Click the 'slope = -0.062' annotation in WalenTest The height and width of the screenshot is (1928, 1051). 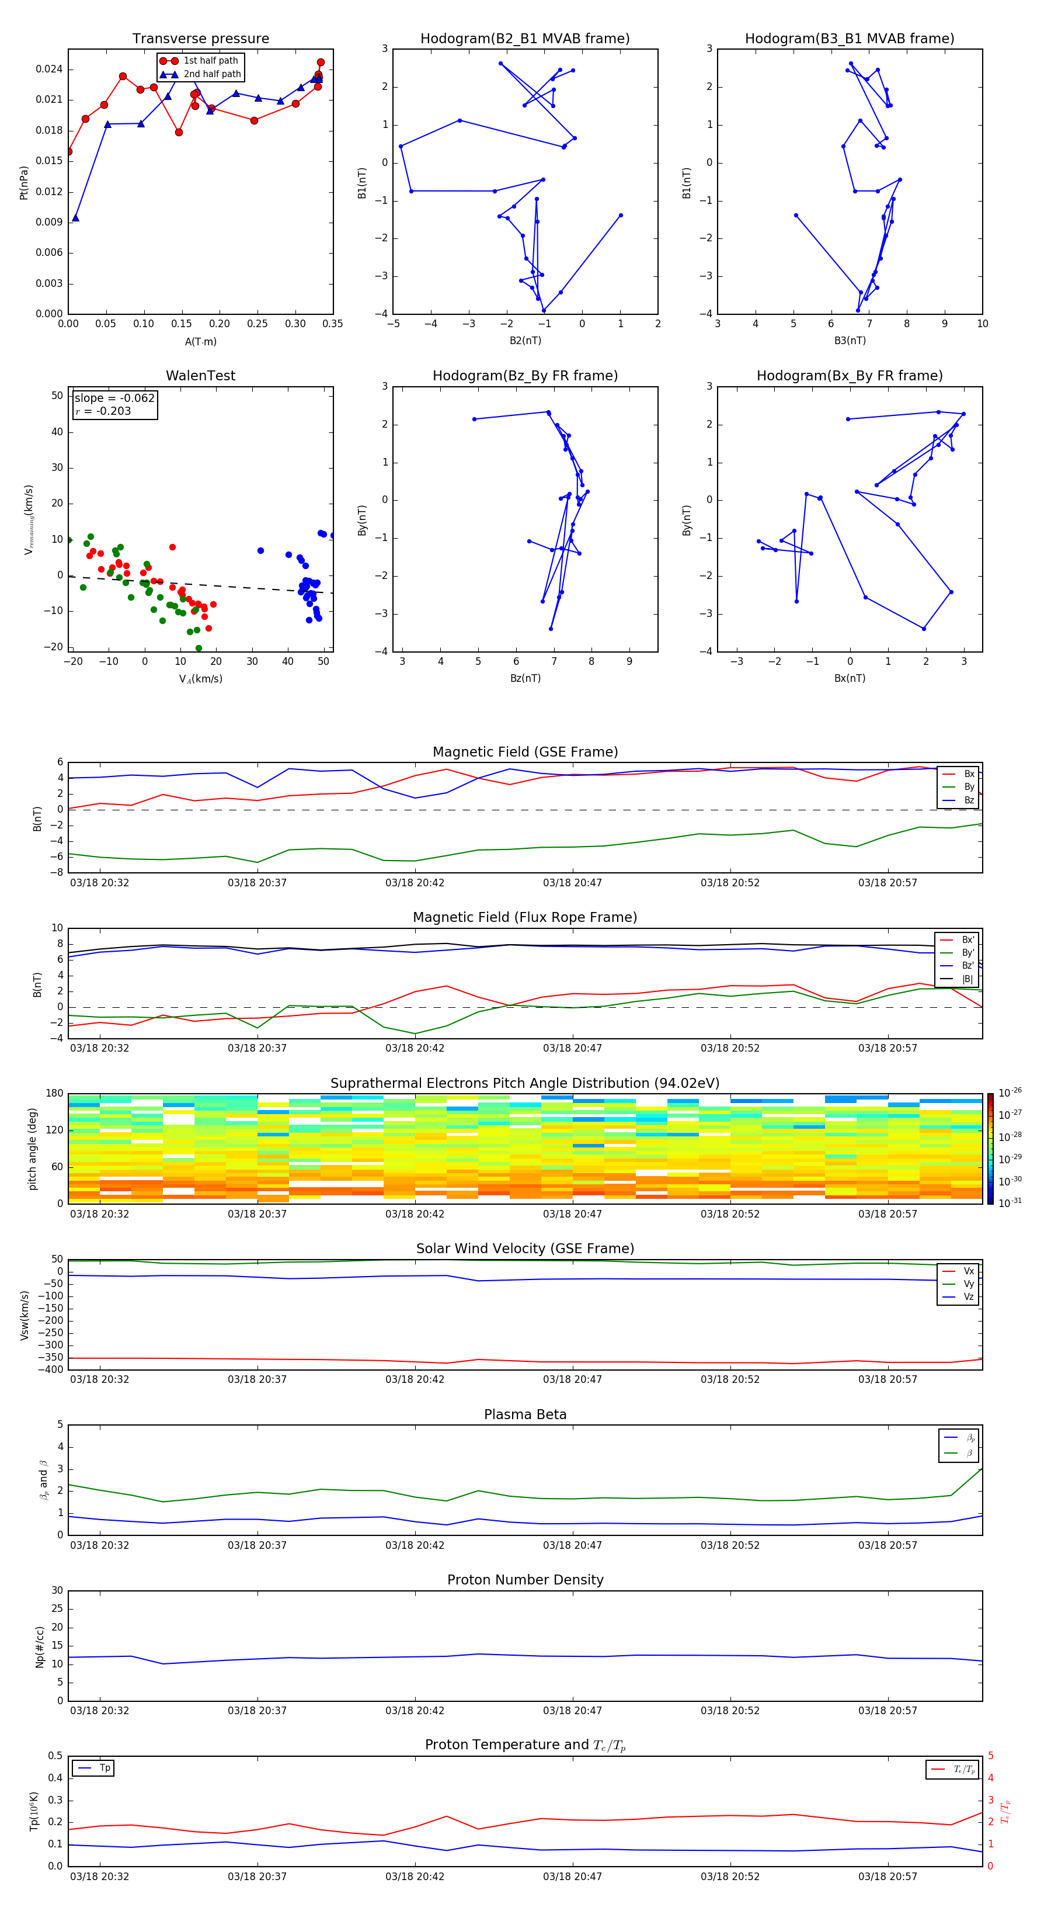pyautogui.click(x=114, y=398)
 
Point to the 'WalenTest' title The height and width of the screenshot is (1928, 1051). pyautogui.click(x=200, y=376)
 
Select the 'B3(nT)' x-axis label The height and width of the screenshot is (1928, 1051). pyautogui.click(x=850, y=341)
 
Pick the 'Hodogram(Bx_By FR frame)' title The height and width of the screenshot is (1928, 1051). pyautogui.click(x=850, y=376)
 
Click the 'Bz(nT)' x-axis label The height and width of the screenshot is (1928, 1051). pyautogui.click(x=525, y=678)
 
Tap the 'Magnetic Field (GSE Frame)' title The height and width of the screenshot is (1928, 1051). pyautogui.click(x=525, y=752)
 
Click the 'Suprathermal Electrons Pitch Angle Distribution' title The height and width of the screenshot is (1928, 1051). pyautogui.click(x=525, y=1083)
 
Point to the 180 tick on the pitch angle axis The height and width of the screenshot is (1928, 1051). pyautogui.click(x=55, y=1094)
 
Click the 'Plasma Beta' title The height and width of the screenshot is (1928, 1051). pyautogui.click(x=525, y=1414)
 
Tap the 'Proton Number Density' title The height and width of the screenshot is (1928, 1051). pyautogui.click(x=525, y=1580)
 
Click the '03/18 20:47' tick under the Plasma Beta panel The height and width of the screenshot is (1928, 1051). pyautogui.click(x=572, y=1545)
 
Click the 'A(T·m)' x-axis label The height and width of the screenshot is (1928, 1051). pyautogui.click(x=200, y=341)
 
